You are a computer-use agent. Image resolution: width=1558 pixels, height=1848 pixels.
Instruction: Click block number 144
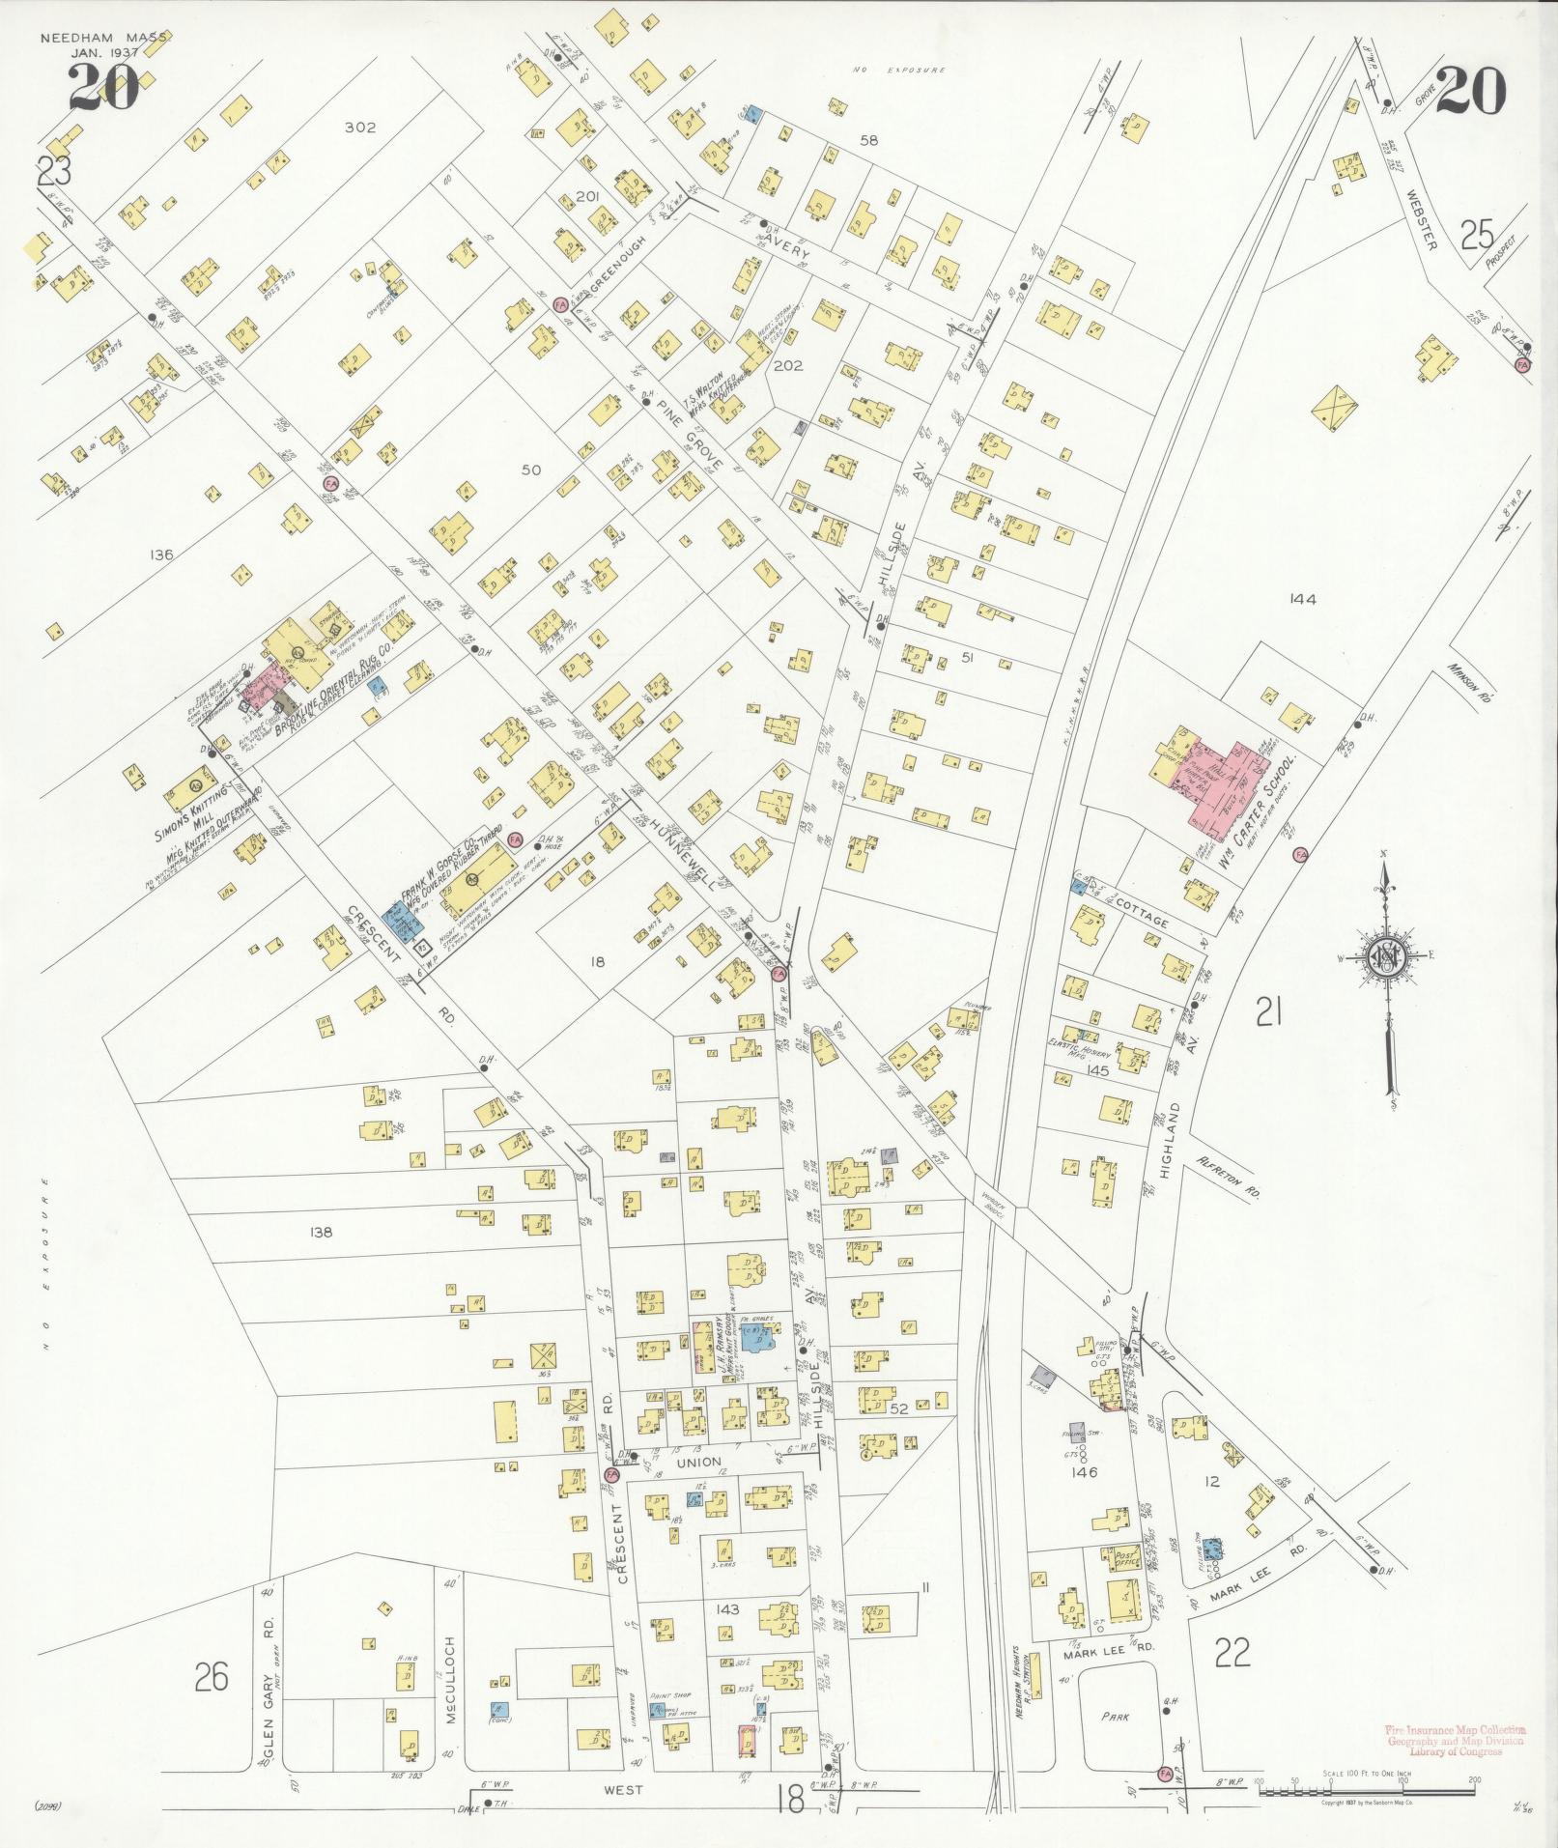tap(1302, 599)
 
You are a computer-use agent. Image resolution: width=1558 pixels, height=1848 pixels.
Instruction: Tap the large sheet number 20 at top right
tap(1469, 93)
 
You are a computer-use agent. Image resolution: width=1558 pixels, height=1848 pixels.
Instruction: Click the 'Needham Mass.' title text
tap(104, 38)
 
